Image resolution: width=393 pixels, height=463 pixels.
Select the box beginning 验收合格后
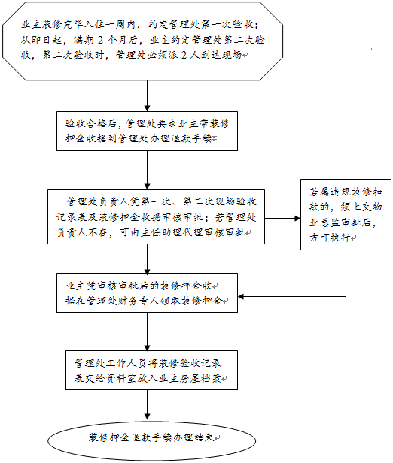pos(147,131)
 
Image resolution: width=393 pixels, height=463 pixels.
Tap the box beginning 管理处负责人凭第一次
pos(159,218)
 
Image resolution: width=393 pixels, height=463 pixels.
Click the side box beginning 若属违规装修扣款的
pos(346,213)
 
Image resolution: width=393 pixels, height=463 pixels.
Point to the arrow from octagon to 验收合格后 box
pos(147,96)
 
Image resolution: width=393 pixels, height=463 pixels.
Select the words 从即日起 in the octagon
pos(40,40)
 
